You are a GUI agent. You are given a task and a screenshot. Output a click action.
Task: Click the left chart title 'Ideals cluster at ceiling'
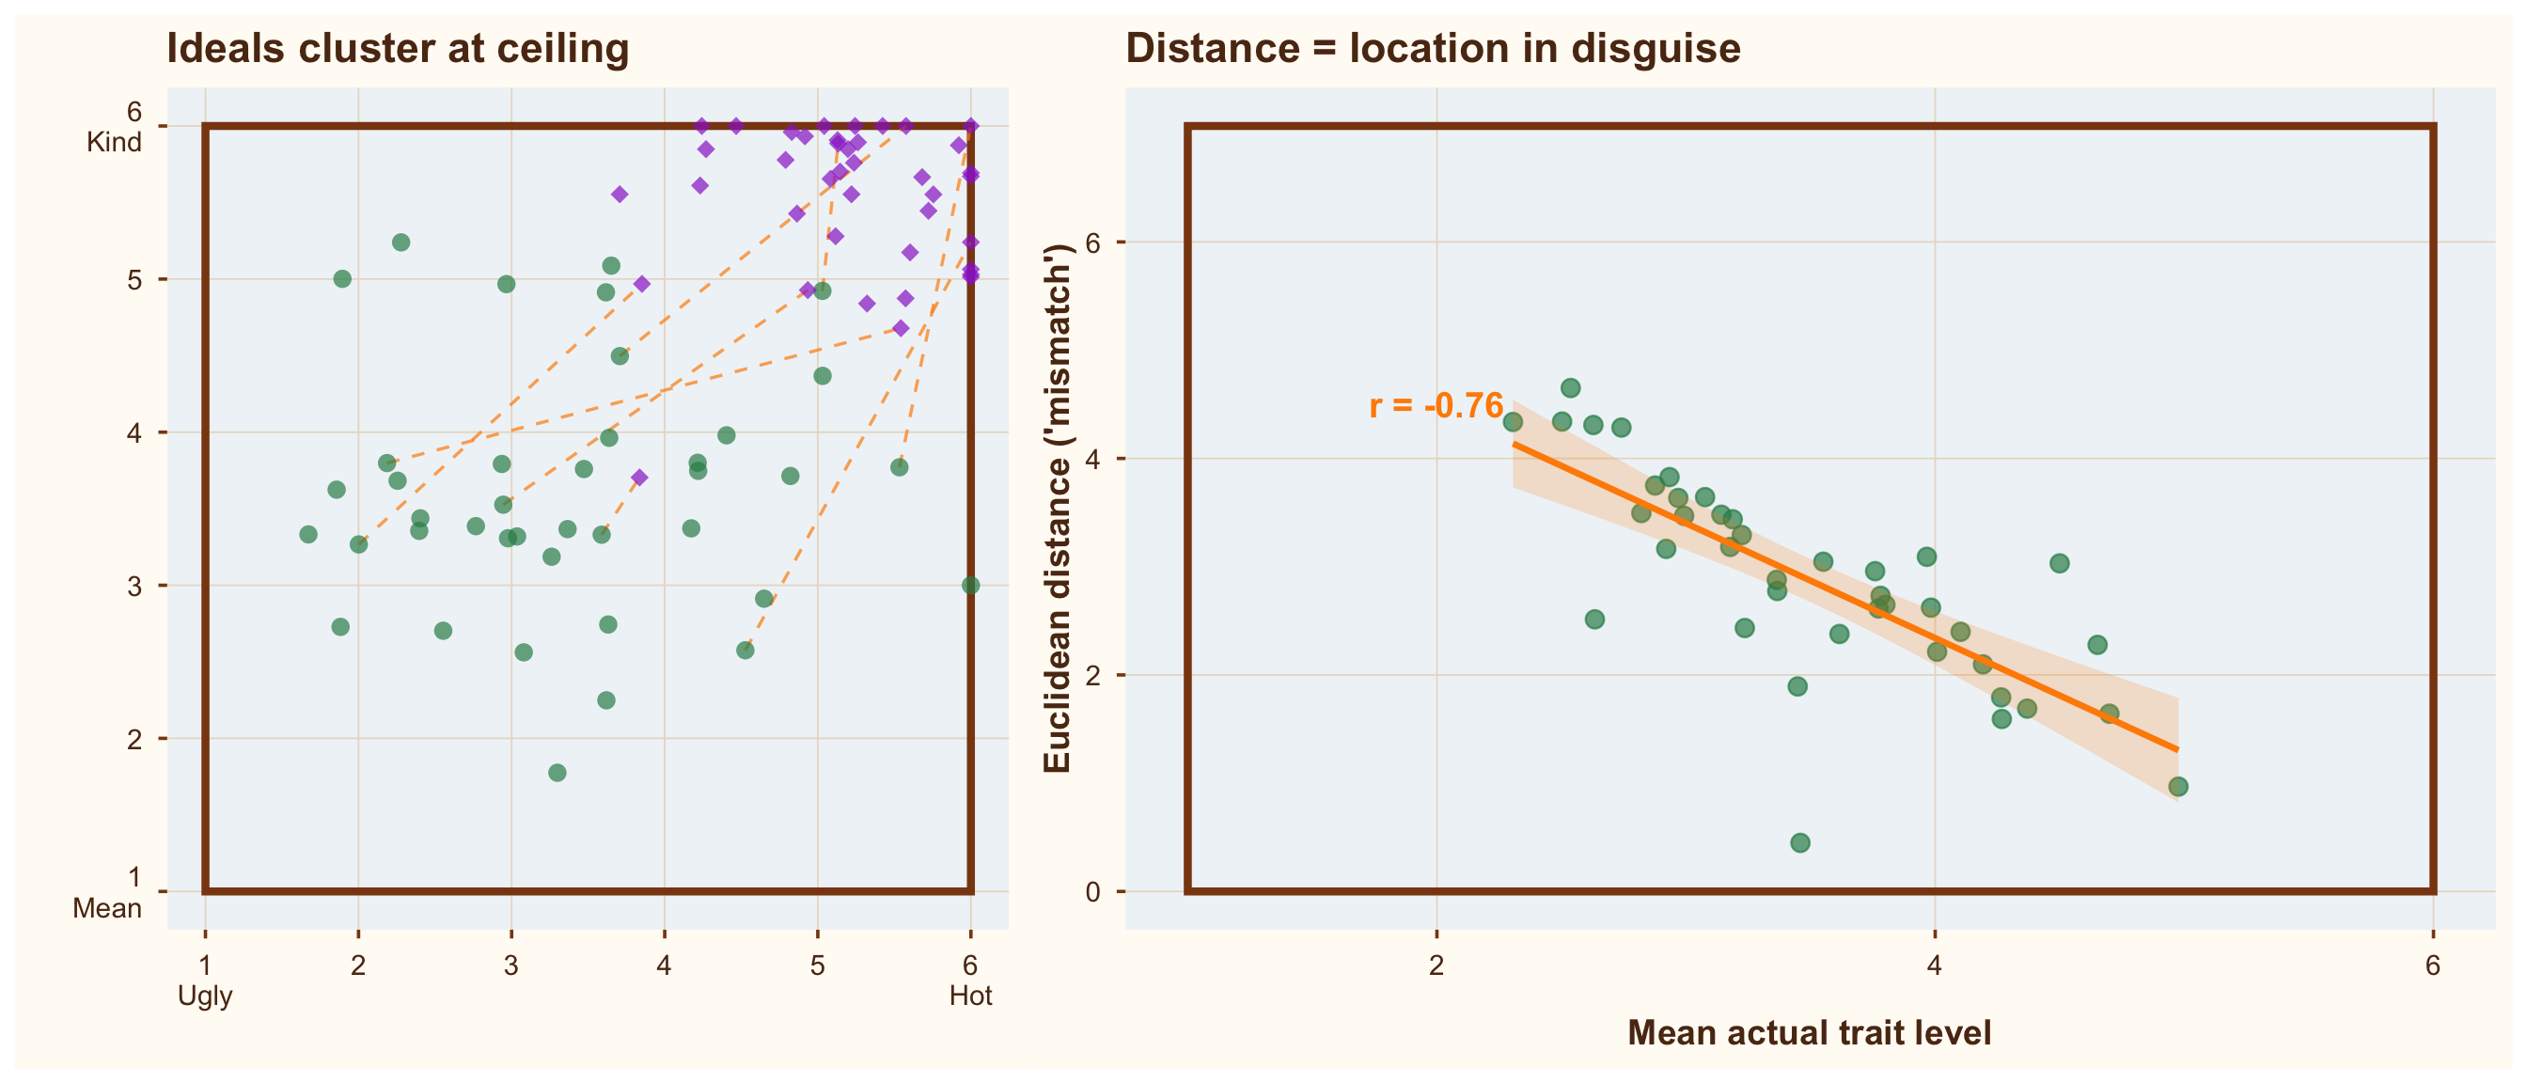(398, 48)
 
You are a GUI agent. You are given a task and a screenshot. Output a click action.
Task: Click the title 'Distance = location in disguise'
(1432, 48)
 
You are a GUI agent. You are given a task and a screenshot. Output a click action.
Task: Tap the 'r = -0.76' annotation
(1436, 405)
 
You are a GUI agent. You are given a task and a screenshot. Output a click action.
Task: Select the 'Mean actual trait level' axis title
(1809, 1033)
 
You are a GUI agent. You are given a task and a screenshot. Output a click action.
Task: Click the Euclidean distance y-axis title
(1057, 509)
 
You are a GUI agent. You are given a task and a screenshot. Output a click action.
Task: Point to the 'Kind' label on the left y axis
(114, 142)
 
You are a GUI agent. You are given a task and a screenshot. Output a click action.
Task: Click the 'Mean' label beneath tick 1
(107, 908)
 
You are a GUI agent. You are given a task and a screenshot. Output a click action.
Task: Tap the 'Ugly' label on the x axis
(205, 996)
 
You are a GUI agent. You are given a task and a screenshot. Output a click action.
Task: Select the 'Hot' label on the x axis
(970, 996)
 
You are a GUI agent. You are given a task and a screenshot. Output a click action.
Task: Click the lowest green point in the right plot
(1800, 842)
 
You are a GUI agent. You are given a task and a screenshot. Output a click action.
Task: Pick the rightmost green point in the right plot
(2178, 787)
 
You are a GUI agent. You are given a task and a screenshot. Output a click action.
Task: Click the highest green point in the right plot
(1571, 387)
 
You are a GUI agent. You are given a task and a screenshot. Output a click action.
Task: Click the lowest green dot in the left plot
(557, 773)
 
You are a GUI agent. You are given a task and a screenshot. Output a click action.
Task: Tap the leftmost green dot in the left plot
(308, 535)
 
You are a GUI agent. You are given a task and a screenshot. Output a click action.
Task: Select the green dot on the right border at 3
(970, 586)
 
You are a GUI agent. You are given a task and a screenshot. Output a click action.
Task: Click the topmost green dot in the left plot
(401, 243)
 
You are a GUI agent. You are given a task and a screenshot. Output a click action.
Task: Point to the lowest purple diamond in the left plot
(639, 478)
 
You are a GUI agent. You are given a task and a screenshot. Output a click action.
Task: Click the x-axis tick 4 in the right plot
(1935, 965)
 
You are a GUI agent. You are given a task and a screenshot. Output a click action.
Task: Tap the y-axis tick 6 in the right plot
(1091, 243)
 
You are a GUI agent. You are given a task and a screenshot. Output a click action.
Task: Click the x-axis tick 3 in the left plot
(511, 965)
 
